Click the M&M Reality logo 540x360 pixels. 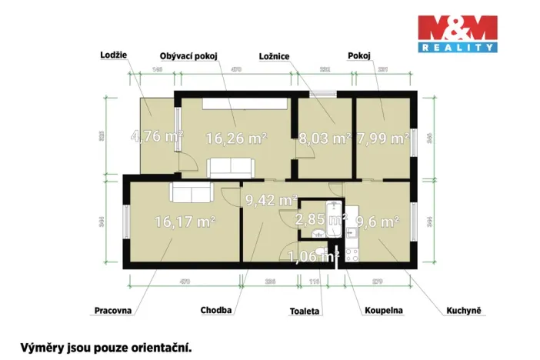pyautogui.click(x=457, y=33)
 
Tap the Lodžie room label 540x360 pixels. pyautogui.click(x=113, y=55)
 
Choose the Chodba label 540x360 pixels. pyautogui.click(x=216, y=311)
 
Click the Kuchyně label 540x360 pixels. pyautogui.click(x=463, y=311)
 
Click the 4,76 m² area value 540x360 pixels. pyautogui.click(x=157, y=138)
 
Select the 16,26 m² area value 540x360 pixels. pyautogui.click(x=235, y=138)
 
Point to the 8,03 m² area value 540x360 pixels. pyautogui.click(x=323, y=138)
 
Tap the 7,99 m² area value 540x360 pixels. pyautogui.click(x=382, y=138)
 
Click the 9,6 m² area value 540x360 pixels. pyautogui.click(x=377, y=222)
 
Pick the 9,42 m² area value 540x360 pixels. pyautogui.click(x=271, y=201)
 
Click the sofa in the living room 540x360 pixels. pyautogui.click(x=231, y=166)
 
